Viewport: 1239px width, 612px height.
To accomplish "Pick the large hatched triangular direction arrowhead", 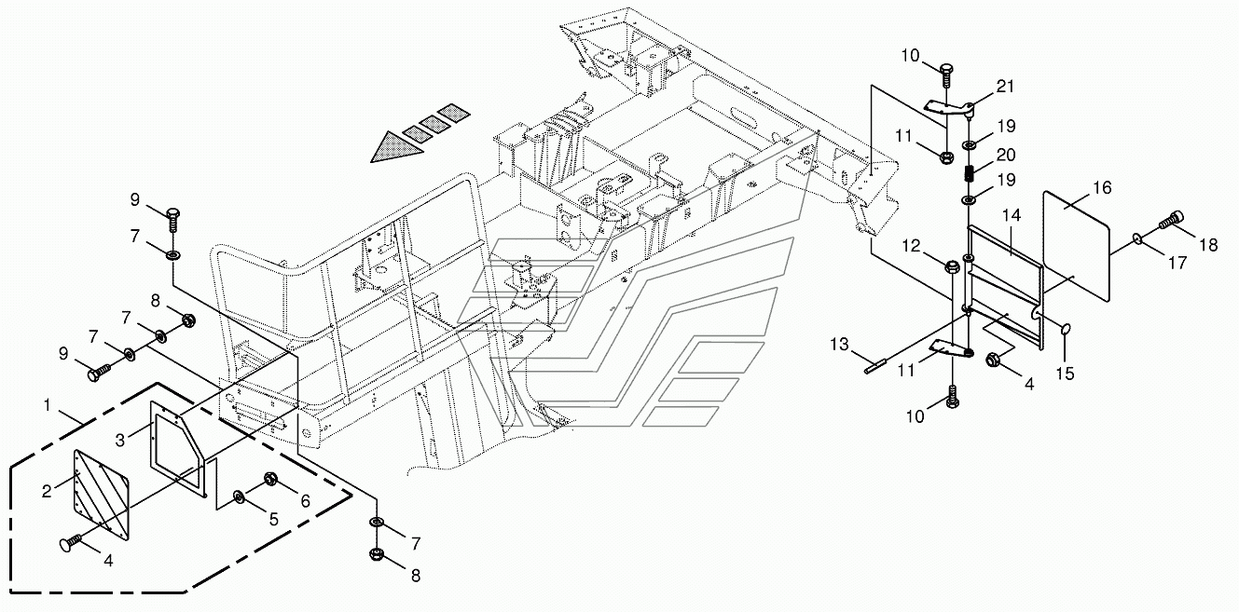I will coord(390,146).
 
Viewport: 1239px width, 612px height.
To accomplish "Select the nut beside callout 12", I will coord(953,268).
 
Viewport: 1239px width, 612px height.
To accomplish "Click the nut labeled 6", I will coord(273,480).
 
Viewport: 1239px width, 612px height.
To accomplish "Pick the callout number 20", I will coord(1006,155).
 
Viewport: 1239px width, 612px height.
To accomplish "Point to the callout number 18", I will coord(1208,246).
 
